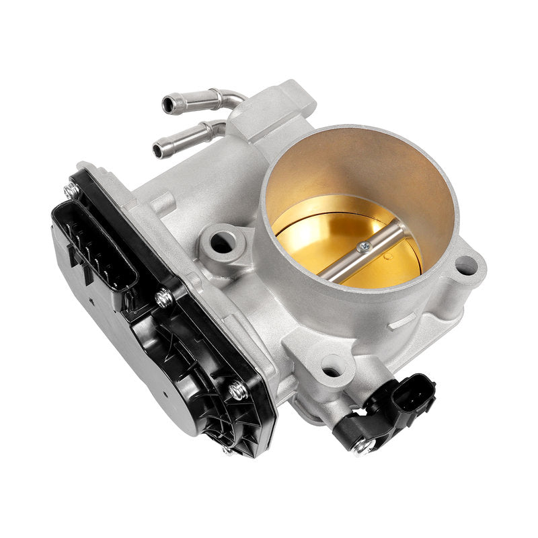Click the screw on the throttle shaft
pyautogui.click(x=364, y=246)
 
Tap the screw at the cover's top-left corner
pyautogui.click(x=71, y=191)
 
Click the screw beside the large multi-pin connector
pyautogui.click(x=163, y=298)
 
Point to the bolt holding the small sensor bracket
pyautogui.click(x=361, y=445)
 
